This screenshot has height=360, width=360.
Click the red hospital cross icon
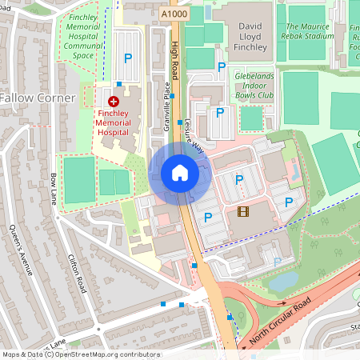pos(113,102)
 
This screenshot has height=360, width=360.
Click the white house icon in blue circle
pos(180,172)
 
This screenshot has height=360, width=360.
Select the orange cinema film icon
pos(243,211)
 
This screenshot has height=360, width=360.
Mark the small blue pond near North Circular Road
pos(282,282)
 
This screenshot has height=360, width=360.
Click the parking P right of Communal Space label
pos(127,58)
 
